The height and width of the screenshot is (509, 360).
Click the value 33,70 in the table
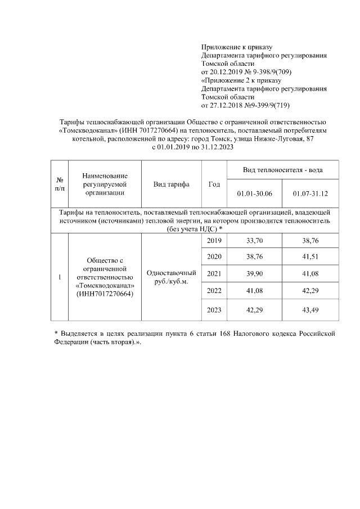(255, 241)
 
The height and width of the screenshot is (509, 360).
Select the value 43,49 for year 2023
(310, 310)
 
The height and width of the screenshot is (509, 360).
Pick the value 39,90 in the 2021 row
(255, 273)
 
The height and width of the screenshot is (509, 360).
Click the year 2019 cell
(214, 241)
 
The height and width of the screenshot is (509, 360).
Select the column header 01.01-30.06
(255, 194)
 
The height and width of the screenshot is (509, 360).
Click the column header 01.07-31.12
(310, 194)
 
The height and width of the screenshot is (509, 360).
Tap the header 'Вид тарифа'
(171, 184)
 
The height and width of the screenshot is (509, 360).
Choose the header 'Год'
(214, 184)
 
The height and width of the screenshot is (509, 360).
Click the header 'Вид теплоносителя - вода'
(282, 170)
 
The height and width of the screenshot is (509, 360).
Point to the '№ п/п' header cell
(60, 184)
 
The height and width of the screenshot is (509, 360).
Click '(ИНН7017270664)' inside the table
(104, 294)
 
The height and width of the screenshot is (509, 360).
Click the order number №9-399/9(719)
(264, 105)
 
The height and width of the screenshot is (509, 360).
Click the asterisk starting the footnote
(56, 334)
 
